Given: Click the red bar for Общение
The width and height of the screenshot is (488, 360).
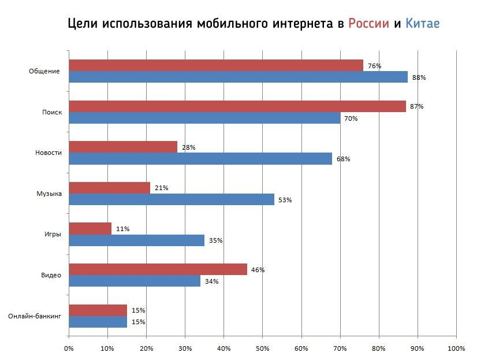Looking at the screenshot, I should pyautogui.click(x=215, y=65).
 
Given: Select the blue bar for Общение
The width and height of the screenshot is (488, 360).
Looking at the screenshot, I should pyautogui.click(x=238, y=77).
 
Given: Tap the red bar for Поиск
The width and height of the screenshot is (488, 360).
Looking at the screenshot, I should pyautogui.click(x=237, y=106).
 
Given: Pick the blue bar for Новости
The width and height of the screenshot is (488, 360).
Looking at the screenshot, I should pyautogui.click(x=200, y=159).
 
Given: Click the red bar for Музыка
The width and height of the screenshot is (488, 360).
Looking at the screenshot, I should pyautogui.click(x=109, y=188).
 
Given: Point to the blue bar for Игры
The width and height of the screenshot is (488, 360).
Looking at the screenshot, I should pyautogui.click(x=136, y=240).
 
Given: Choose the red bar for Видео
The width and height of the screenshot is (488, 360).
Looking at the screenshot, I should pyautogui.click(x=158, y=269).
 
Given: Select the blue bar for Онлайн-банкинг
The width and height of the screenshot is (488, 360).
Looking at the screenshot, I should pyautogui.click(x=98, y=322).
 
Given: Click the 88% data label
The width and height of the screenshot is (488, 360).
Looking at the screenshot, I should pyautogui.click(x=419, y=77).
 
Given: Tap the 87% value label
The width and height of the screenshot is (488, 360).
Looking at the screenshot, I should pyautogui.click(x=416, y=106).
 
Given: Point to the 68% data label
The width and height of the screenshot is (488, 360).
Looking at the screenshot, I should pyautogui.click(x=343, y=159).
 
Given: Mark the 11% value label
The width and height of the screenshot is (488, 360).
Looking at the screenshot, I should pyautogui.click(x=122, y=229).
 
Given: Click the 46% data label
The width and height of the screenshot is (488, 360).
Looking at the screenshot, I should pyautogui.click(x=258, y=270).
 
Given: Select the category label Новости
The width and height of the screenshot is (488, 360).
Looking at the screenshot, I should pyautogui.click(x=48, y=153).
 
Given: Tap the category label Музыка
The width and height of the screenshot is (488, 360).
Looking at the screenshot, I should pyautogui.click(x=49, y=194).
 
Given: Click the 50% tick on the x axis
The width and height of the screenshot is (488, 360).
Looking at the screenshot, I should pyautogui.click(x=262, y=348).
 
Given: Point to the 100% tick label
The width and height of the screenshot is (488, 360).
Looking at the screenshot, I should pyautogui.click(x=456, y=348).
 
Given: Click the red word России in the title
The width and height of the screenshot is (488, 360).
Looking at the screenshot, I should pyautogui.click(x=368, y=24).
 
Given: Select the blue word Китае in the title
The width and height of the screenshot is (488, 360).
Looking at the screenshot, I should pyautogui.click(x=422, y=24).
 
